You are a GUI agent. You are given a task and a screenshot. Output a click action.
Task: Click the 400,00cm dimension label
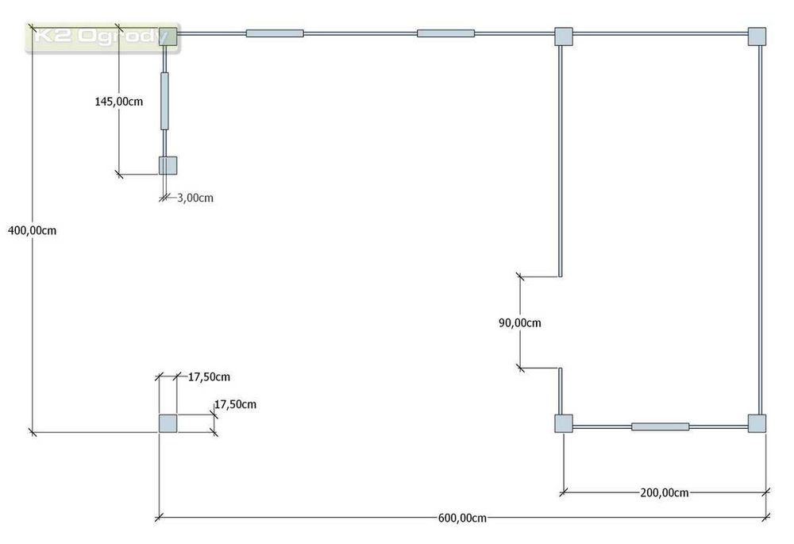(31, 230)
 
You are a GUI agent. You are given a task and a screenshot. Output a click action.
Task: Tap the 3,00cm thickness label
(195, 198)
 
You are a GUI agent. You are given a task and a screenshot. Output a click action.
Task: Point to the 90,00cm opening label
(519, 322)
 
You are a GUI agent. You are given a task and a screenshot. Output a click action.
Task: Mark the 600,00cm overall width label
(462, 518)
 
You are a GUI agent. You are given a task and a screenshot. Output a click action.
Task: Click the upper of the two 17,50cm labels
(209, 377)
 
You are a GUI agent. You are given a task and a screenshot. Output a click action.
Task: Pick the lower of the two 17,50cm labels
(235, 404)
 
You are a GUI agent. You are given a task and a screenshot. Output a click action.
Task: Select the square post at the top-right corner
(757, 36)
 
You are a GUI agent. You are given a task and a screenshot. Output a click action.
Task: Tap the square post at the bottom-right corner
(757, 423)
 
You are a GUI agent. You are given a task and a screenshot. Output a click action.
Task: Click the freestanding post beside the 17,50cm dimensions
(168, 423)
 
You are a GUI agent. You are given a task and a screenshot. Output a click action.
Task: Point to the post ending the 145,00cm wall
(168, 165)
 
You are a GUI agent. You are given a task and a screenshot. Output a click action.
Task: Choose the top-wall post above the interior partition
(563, 36)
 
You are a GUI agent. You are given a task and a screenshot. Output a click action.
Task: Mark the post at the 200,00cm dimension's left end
(563, 423)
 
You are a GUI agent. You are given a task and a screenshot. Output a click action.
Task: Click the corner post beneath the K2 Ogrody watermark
(168, 36)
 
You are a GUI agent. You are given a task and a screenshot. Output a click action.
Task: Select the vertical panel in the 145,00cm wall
(165, 101)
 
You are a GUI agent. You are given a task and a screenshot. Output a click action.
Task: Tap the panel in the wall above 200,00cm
(660, 426)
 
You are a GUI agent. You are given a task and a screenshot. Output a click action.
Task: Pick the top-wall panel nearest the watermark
(275, 33)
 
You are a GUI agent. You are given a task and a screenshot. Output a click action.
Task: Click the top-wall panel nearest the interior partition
(445, 33)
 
